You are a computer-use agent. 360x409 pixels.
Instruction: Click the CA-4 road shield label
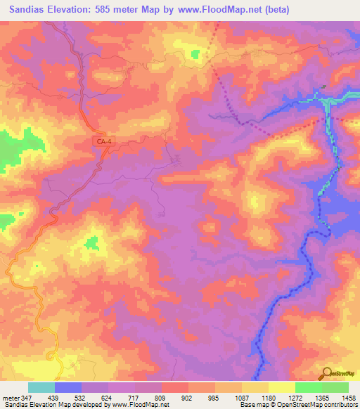(103, 142)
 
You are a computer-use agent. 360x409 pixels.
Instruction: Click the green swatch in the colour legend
(309, 387)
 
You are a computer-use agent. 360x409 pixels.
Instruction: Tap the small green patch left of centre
(91, 243)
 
